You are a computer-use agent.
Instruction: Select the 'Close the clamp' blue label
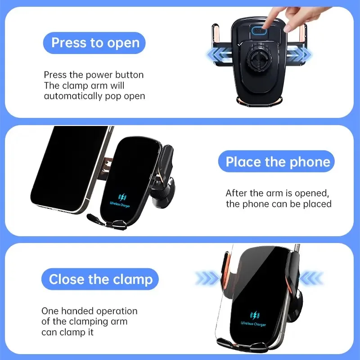click(x=100, y=279)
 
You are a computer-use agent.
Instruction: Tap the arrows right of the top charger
click(x=301, y=55)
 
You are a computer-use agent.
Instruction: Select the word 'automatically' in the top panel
click(x=69, y=96)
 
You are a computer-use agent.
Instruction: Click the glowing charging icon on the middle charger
click(x=122, y=197)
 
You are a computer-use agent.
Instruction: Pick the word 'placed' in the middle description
click(x=319, y=204)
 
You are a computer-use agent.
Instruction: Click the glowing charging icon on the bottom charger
click(x=254, y=315)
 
